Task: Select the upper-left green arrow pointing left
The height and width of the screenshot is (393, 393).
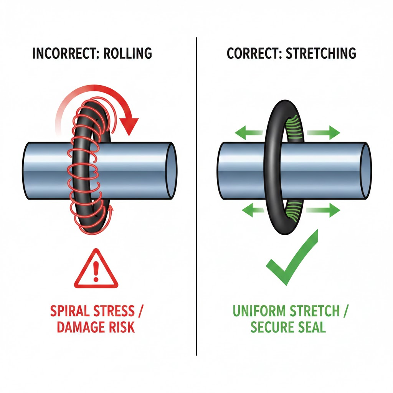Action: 246,134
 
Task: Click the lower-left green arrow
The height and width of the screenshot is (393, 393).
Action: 246,210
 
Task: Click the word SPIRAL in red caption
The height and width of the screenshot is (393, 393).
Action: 73,310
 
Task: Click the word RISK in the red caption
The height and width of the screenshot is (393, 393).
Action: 122,327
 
